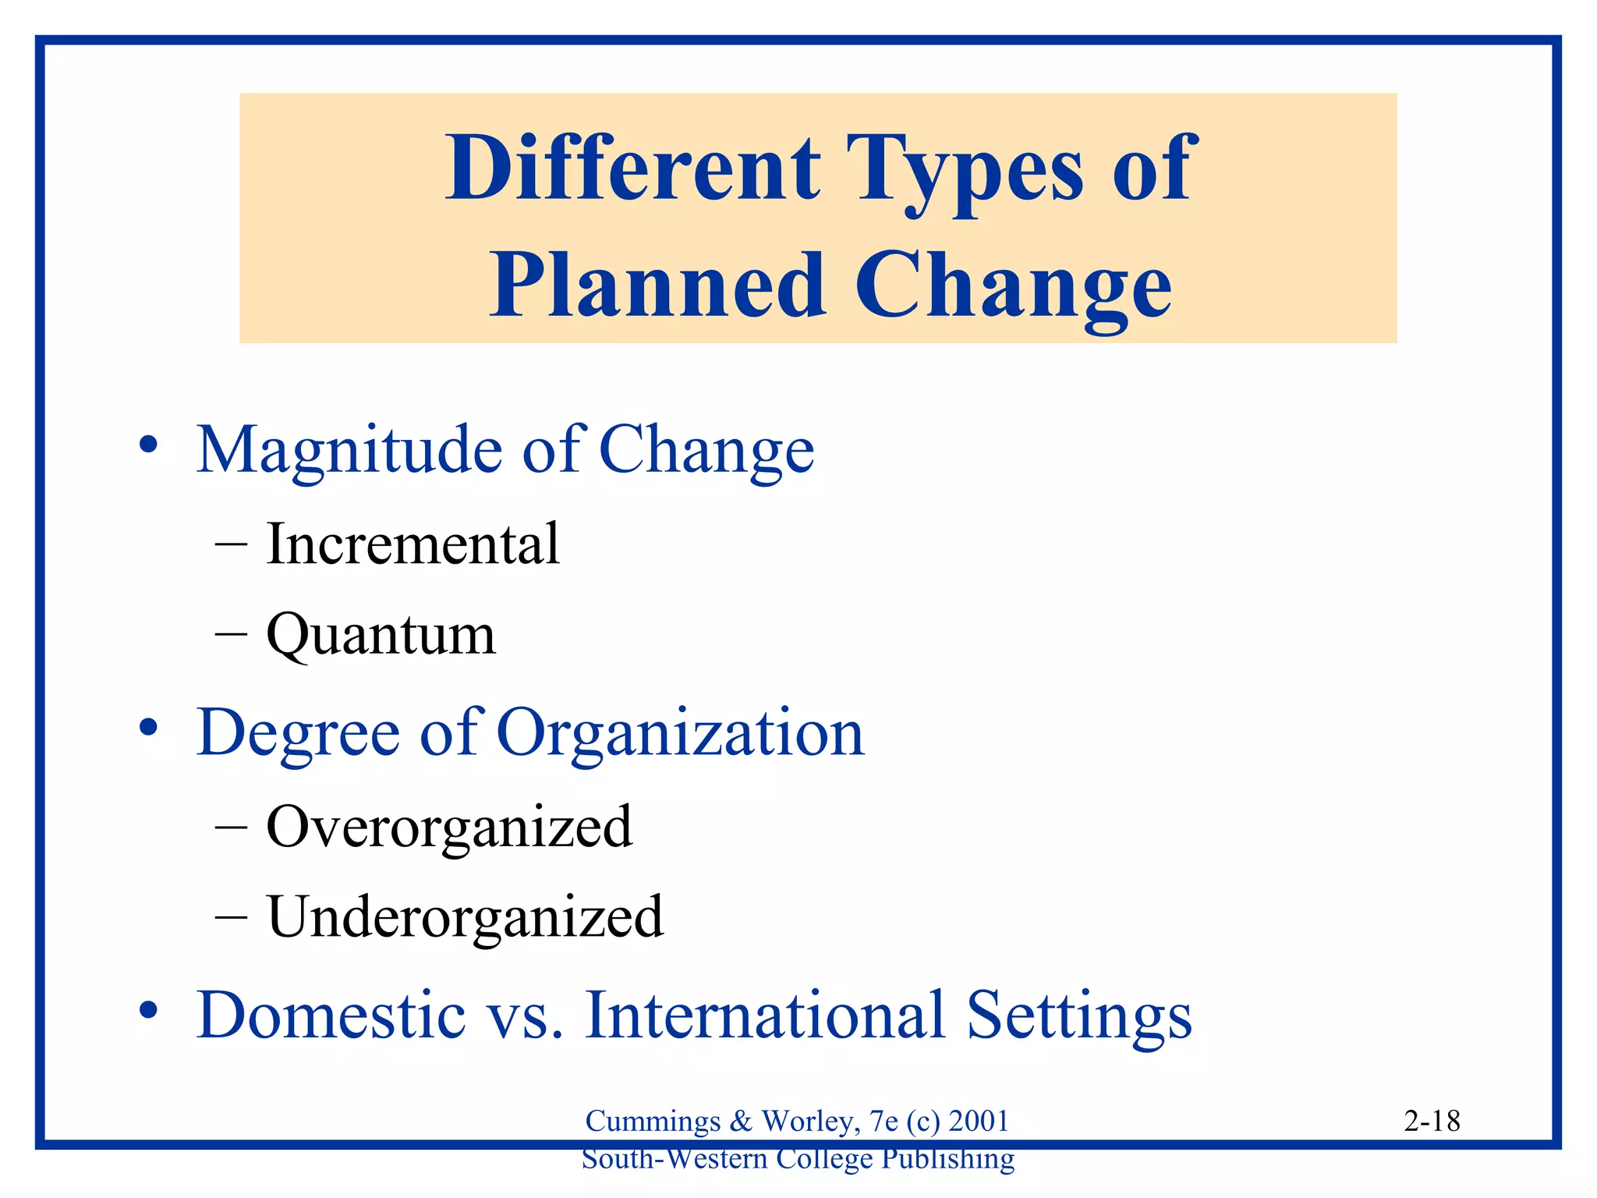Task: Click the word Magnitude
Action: coord(349,451)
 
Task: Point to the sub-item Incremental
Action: coord(413,544)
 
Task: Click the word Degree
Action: coord(299,735)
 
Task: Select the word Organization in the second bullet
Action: coord(680,735)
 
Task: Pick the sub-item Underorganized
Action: coord(465,917)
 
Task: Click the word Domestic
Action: coord(331,1015)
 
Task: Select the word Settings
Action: coord(1079,1016)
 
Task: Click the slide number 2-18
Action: coord(1432,1122)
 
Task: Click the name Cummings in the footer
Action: coord(653,1122)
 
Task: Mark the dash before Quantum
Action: coord(231,635)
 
